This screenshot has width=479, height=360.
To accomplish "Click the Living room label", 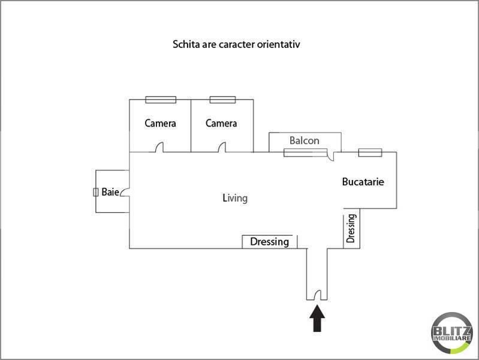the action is [235, 198].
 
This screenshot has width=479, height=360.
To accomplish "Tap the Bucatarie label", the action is [363, 182].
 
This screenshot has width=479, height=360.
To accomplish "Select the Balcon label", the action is [305, 140].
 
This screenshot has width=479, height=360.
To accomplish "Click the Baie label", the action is [110, 192].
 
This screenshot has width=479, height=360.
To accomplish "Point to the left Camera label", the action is [160, 123].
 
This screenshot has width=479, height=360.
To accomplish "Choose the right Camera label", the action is [221, 123].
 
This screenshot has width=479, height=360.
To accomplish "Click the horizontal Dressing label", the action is [269, 242].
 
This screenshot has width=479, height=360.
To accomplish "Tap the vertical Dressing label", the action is [351, 228].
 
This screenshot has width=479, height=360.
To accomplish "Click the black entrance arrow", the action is [317, 318].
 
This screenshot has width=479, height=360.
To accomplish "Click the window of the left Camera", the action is [161, 100].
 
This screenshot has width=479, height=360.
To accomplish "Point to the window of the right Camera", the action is [222, 100].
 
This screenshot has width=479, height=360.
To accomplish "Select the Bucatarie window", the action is [370, 152].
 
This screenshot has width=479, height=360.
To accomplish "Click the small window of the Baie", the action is [95, 192].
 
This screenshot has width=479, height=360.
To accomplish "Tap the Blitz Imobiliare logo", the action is [452, 333].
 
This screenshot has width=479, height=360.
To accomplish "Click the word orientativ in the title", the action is [278, 44].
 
